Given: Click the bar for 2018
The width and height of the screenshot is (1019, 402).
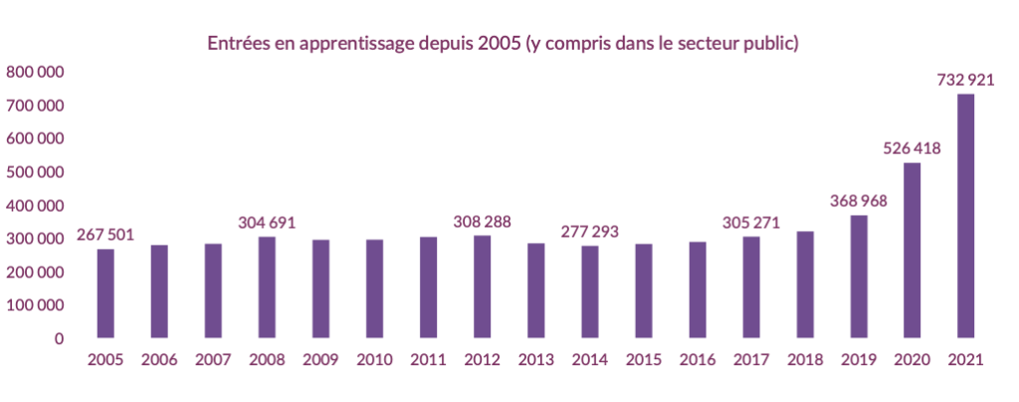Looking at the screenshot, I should (804, 285).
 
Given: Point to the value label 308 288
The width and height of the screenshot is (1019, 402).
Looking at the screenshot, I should (482, 221).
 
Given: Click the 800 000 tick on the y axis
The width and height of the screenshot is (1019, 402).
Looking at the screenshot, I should (35, 72).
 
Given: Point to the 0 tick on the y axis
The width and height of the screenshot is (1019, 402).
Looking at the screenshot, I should (59, 338).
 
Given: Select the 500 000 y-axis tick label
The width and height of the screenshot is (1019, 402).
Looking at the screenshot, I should (35, 172).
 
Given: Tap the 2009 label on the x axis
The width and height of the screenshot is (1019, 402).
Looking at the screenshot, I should (320, 360).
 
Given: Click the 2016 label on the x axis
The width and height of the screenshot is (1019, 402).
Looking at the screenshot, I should (697, 360).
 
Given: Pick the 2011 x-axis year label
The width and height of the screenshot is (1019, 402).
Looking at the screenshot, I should (428, 360).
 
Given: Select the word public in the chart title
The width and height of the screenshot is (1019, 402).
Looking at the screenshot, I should (772, 45).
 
